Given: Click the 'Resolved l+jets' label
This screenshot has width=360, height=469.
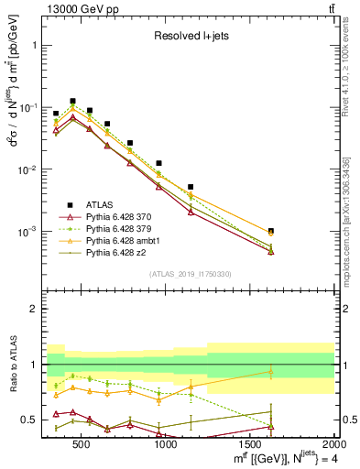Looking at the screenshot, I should (190, 37).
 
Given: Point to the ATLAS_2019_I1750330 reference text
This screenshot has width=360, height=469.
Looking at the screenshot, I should (190, 274).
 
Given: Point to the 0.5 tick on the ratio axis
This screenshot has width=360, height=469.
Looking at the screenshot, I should (34, 420).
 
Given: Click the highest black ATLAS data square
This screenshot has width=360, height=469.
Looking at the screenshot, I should (72, 101).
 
